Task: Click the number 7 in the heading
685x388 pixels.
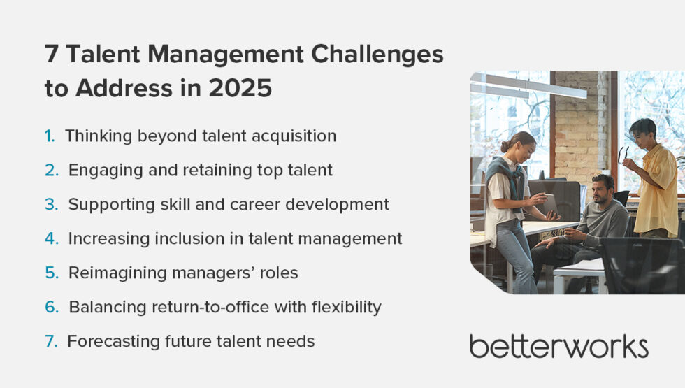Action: pos(52,55)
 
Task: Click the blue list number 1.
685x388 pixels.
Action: pos(50,136)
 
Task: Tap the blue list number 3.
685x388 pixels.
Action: pos(51,204)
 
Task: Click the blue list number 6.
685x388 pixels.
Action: pos(51,307)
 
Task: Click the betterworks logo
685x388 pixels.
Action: pos(558,346)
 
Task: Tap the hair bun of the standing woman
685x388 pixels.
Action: pos(505,146)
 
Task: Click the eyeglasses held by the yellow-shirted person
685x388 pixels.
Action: pos(622,155)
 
